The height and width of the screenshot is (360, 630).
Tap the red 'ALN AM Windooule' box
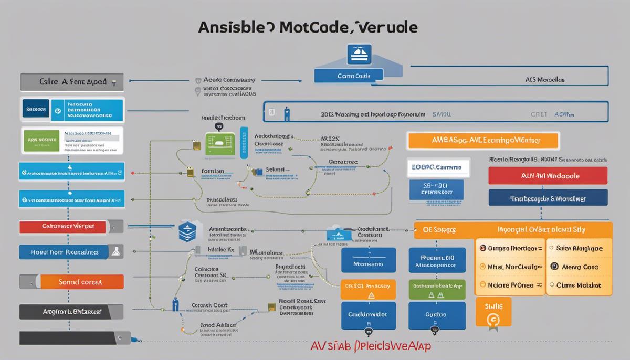coord(548,176)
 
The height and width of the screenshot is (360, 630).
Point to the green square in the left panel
coord(40,140)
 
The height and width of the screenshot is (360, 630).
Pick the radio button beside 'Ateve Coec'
coord(553,267)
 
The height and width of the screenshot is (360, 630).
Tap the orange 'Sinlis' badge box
coord(493,312)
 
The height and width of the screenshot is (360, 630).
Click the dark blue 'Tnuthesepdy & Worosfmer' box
coord(548,198)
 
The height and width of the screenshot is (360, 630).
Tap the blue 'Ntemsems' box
coord(367,264)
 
